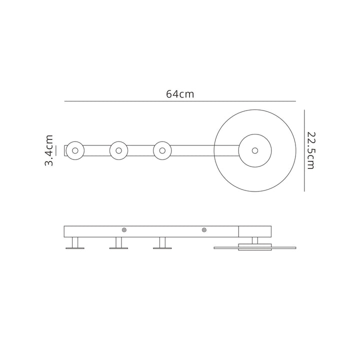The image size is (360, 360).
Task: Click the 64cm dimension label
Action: (x=180, y=94)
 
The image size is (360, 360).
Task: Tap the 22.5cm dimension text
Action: (x=311, y=150)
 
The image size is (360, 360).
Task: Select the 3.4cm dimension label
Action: (x=49, y=150)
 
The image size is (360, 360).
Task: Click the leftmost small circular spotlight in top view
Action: (x=75, y=150)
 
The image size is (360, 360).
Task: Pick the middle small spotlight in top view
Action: (x=118, y=150)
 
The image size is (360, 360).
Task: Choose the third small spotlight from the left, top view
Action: (x=162, y=150)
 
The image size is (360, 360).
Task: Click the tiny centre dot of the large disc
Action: (x=255, y=150)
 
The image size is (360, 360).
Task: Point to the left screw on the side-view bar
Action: (x=124, y=230)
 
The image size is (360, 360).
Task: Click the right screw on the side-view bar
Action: (x=204, y=230)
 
